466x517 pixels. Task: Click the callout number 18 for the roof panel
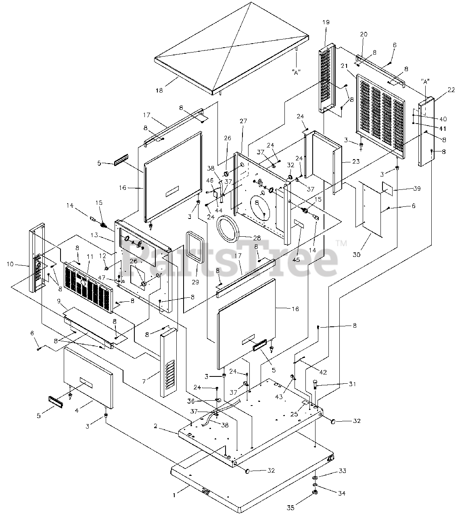159,90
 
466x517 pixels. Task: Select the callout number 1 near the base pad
174,495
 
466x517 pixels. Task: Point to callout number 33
342,471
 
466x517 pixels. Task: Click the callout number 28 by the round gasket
257,238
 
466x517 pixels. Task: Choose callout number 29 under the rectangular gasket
195,282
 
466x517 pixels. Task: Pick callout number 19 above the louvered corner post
326,22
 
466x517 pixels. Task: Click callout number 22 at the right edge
451,90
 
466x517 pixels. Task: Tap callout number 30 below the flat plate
357,254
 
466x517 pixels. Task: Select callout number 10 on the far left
10,264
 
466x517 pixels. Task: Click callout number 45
296,260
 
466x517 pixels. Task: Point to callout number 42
323,372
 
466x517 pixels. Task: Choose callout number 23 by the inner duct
356,161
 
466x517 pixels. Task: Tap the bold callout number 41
443,128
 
